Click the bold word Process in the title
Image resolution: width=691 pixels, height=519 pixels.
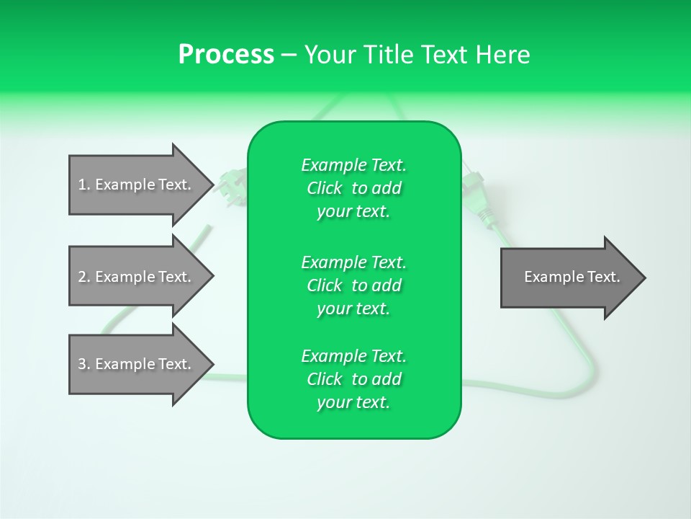pos(226,55)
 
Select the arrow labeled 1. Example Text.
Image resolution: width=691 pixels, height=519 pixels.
pos(137,185)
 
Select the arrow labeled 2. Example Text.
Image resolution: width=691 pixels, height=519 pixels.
pos(137,277)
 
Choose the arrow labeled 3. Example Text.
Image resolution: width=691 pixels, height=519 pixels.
pos(137,364)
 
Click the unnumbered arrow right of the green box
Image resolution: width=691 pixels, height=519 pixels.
pos(569,278)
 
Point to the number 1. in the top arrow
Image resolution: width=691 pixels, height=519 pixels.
pos(84,185)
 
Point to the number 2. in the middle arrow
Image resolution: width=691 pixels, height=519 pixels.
pos(84,277)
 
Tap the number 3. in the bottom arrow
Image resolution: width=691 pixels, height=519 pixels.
pos(84,364)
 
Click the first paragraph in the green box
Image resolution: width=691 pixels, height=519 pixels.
pos(354,188)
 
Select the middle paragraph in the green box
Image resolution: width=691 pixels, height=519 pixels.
pos(354,285)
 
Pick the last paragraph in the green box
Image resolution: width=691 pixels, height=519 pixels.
pos(354,379)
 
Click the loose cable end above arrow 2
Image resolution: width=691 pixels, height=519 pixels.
pos(209,229)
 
